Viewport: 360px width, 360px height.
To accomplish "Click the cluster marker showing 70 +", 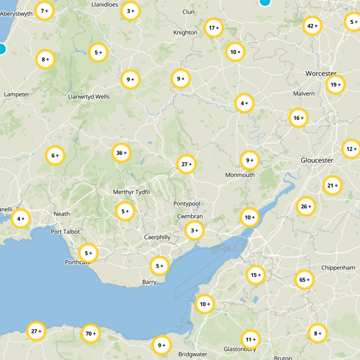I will [x=90, y=334].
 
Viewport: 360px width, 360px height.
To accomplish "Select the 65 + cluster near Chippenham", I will [x=304, y=280].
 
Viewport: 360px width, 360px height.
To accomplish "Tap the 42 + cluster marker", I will [x=312, y=26].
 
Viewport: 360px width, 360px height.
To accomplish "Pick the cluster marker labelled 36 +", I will [x=121, y=153].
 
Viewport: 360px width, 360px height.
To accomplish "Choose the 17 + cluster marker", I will [x=213, y=28].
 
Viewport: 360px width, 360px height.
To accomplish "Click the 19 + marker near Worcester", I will [x=335, y=85].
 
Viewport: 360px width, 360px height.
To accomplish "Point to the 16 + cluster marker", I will [x=298, y=118].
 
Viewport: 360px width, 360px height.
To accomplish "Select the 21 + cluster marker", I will [x=332, y=185].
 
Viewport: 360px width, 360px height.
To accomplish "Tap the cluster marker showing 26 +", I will [x=306, y=207].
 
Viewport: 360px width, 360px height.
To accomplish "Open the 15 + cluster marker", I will [x=256, y=275].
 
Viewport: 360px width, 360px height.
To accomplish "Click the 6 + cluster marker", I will [x=55, y=156].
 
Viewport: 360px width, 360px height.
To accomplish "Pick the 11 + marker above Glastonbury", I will [x=250, y=339].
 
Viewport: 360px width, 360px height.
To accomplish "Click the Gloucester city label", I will [x=317, y=161].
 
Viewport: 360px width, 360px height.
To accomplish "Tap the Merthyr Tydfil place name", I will [x=131, y=192].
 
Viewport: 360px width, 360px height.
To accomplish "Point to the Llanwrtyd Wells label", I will [x=89, y=97].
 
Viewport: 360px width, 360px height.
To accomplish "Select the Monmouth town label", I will [x=240, y=175].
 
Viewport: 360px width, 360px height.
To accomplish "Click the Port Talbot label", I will [x=65, y=232].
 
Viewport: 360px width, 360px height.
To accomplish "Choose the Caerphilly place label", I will [x=157, y=237].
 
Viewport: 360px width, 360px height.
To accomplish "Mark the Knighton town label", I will [x=185, y=32].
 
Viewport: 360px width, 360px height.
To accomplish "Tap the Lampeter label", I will [x=16, y=94].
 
